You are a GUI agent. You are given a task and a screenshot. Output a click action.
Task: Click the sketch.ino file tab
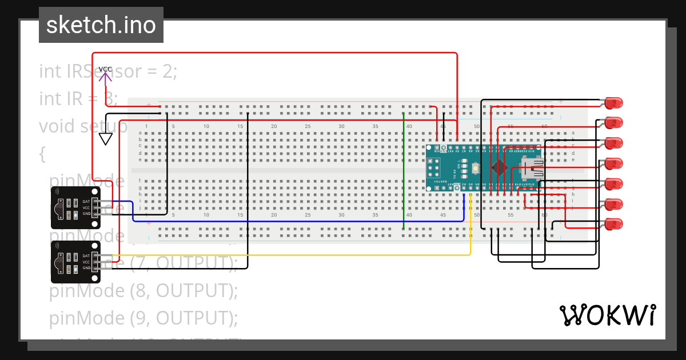click(101, 25)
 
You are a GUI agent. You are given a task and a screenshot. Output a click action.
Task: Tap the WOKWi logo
click(607, 315)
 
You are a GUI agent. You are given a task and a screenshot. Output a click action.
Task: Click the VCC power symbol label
click(105, 69)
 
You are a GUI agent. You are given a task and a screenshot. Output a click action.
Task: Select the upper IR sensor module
click(75, 207)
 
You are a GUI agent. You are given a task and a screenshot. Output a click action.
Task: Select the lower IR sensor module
click(75, 262)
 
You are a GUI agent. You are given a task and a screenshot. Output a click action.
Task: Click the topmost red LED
click(613, 103)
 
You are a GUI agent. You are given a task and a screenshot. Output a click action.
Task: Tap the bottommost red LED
click(613, 224)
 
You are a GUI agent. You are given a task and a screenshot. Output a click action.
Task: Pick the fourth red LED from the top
click(613, 163)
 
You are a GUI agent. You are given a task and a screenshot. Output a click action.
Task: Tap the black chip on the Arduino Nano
click(500, 167)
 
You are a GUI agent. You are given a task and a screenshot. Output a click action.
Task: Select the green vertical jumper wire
click(404, 171)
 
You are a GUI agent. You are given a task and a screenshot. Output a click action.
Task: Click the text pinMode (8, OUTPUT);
click(143, 291)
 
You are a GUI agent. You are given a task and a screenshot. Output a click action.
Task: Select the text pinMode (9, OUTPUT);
click(143, 317)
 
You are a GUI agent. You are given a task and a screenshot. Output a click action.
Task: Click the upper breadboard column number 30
click(341, 126)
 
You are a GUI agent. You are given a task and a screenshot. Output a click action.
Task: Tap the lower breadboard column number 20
click(274, 215)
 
